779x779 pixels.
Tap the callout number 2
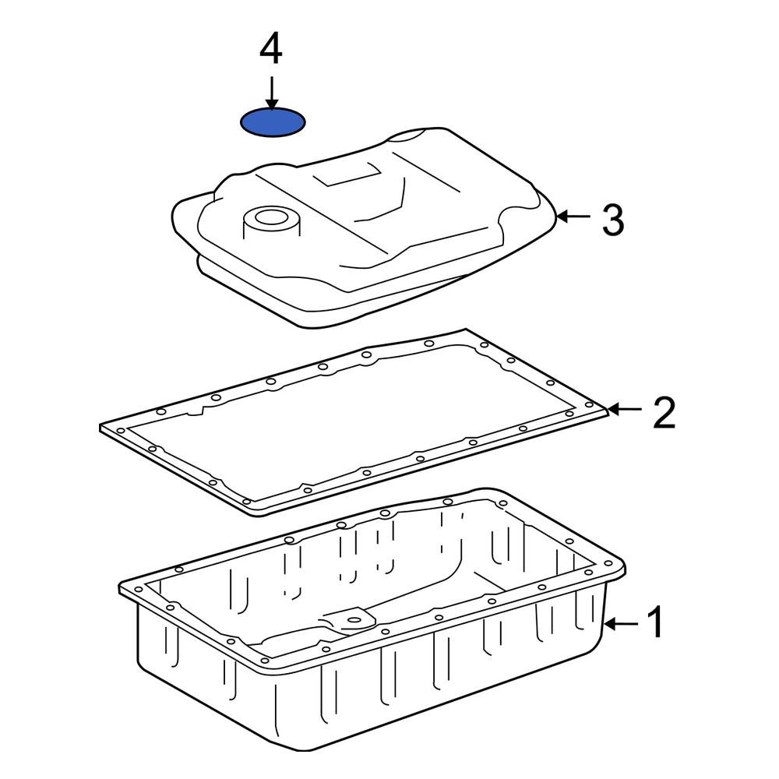[x=663, y=414]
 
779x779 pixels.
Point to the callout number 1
[x=655, y=623]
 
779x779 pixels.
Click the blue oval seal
[x=272, y=123]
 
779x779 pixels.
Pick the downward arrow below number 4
[x=271, y=93]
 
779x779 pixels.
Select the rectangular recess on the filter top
[x=349, y=175]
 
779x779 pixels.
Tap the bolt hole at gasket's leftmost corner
[x=119, y=429]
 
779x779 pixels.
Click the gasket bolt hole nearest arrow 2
[x=590, y=406]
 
